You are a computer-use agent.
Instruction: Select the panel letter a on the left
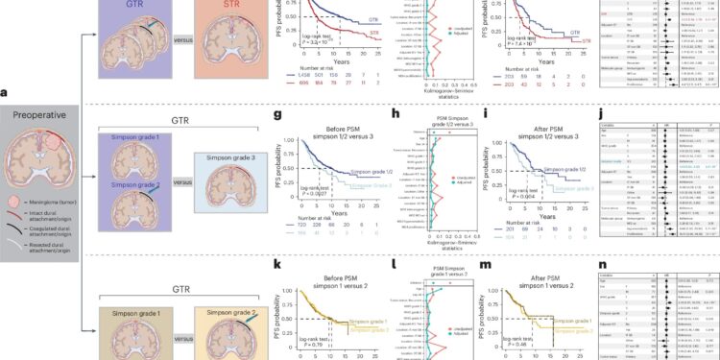pos(7,92)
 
